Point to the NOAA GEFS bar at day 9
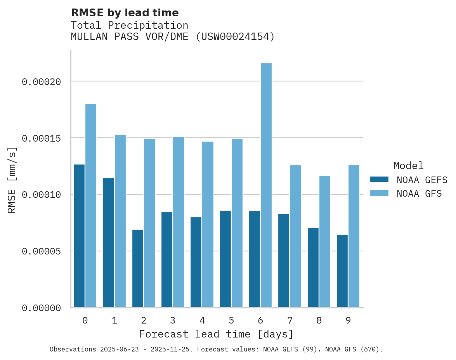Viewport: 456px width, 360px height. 342,271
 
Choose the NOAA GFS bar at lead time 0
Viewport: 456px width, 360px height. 91,206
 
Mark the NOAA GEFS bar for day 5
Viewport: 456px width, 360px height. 225,259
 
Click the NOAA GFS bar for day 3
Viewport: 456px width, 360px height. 179,222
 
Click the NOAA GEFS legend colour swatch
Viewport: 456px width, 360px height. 379,180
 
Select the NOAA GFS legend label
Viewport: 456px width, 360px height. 419,193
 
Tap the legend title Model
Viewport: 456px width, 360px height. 408,166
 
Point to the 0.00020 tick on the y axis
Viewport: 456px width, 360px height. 42,81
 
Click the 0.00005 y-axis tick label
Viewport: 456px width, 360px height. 42,251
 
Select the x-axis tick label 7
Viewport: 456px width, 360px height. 290,320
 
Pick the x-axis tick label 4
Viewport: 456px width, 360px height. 202,320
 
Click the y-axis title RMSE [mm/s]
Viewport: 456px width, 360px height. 12,180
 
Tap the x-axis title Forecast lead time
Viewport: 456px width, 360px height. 216,334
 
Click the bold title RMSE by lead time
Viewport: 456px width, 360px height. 125,13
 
